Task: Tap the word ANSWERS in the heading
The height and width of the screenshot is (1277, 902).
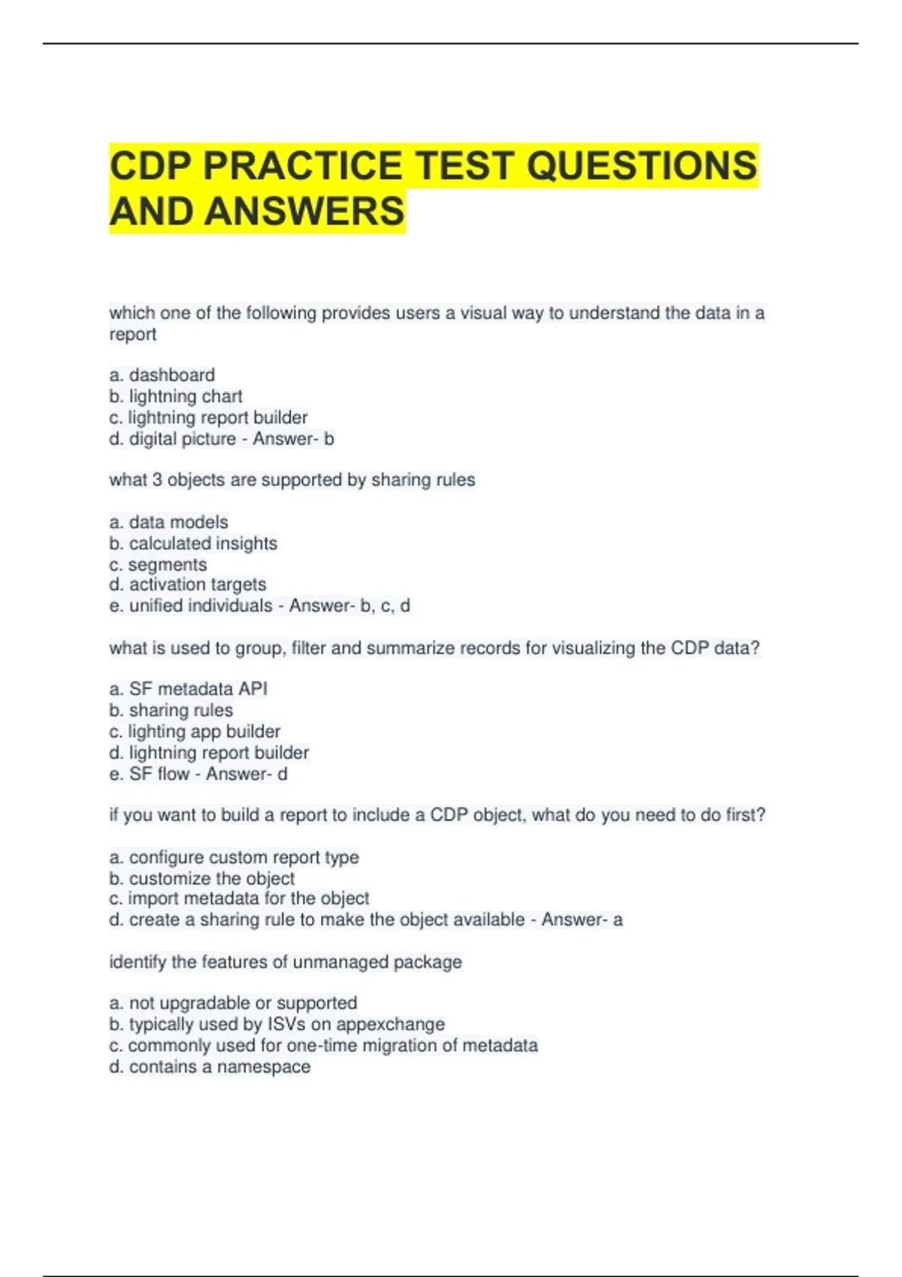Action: pos(304,211)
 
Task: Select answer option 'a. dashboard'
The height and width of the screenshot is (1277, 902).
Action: pos(162,375)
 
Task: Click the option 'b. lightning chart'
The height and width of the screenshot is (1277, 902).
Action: pos(176,396)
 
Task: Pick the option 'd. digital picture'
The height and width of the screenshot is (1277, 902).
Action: pos(172,439)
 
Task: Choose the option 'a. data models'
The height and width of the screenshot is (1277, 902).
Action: pos(168,522)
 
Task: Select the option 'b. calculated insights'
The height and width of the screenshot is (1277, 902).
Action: pos(193,543)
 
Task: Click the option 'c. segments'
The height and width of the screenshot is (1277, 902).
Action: pos(158,565)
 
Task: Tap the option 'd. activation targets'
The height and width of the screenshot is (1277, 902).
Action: pos(187,584)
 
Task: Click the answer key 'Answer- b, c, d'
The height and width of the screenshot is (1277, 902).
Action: pos(350,605)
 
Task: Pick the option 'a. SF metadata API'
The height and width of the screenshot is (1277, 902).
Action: pos(188,689)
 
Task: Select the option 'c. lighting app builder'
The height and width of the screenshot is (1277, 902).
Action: pos(195,731)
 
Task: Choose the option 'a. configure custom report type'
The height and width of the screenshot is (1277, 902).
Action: pos(234,857)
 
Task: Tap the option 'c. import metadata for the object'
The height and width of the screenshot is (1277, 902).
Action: pos(239,898)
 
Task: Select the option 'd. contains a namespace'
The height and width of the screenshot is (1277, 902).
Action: pos(210,1067)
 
